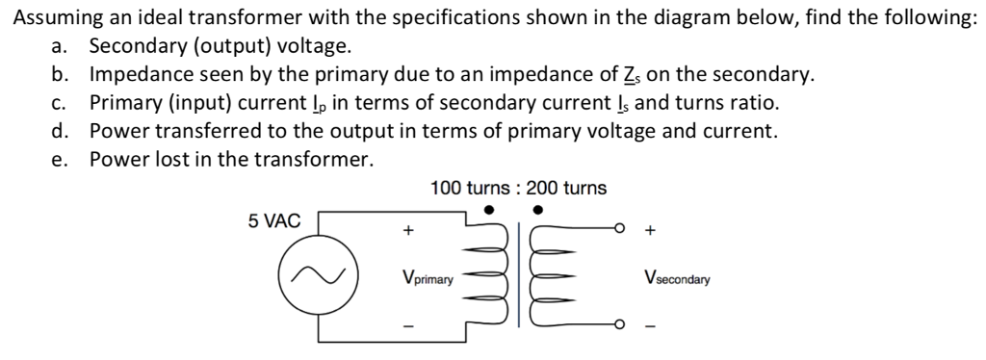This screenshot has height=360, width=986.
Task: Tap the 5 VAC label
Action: [x=274, y=221]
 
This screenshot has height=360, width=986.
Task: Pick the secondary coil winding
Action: [x=546, y=275]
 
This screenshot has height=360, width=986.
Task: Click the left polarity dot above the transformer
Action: [x=490, y=208]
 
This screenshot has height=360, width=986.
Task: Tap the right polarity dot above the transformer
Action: [x=538, y=208]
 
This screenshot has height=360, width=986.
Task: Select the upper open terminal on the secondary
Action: [x=621, y=229]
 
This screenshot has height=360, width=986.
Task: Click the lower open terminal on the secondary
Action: [x=621, y=322]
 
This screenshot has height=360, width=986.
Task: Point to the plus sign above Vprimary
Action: [x=409, y=231]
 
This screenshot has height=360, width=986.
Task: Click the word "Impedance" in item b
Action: [x=137, y=74]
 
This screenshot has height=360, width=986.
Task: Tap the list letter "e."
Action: [x=61, y=159]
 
